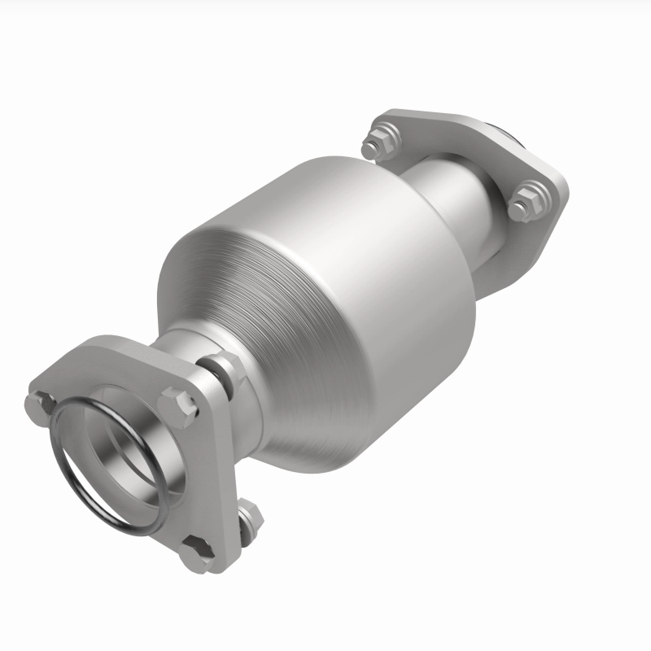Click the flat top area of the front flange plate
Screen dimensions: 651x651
pyautogui.click(x=114, y=358)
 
